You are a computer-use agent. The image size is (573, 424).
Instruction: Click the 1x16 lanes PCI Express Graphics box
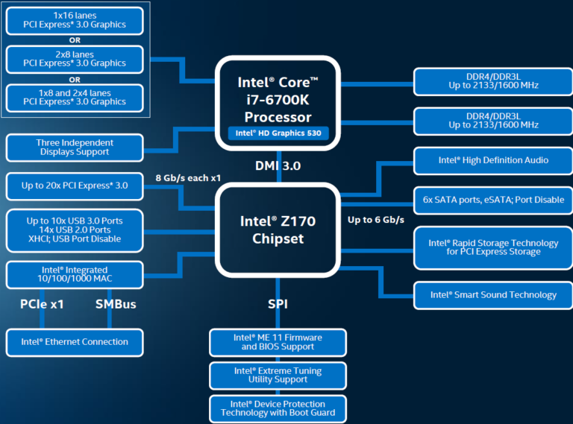tap(75, 20)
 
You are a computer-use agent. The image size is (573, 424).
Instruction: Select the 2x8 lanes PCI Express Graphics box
tap(75, 59)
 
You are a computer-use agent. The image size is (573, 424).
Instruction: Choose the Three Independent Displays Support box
tap(75, 148)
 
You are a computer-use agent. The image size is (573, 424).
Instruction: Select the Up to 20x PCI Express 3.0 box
tap(75, 186)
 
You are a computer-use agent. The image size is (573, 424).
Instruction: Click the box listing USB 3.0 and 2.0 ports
tap(75, 230)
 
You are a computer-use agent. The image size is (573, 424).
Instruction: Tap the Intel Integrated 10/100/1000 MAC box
tap(75, 274)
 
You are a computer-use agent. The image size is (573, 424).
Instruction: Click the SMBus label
tap(116, 304)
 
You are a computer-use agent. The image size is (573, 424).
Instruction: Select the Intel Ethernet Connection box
tap(75, 342)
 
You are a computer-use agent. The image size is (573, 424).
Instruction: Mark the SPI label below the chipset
tap(278, 304)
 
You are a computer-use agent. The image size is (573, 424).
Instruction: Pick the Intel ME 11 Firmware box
tap(278, 342)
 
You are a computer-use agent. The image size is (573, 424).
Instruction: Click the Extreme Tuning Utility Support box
tap(278, 375)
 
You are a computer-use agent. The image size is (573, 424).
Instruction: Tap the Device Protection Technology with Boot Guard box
tap(278, 408)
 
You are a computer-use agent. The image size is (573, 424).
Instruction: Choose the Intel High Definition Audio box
tap(493, 160)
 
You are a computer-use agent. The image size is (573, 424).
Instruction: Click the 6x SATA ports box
tap(493, 199)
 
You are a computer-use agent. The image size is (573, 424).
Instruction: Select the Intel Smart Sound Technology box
tap(493, 295)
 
